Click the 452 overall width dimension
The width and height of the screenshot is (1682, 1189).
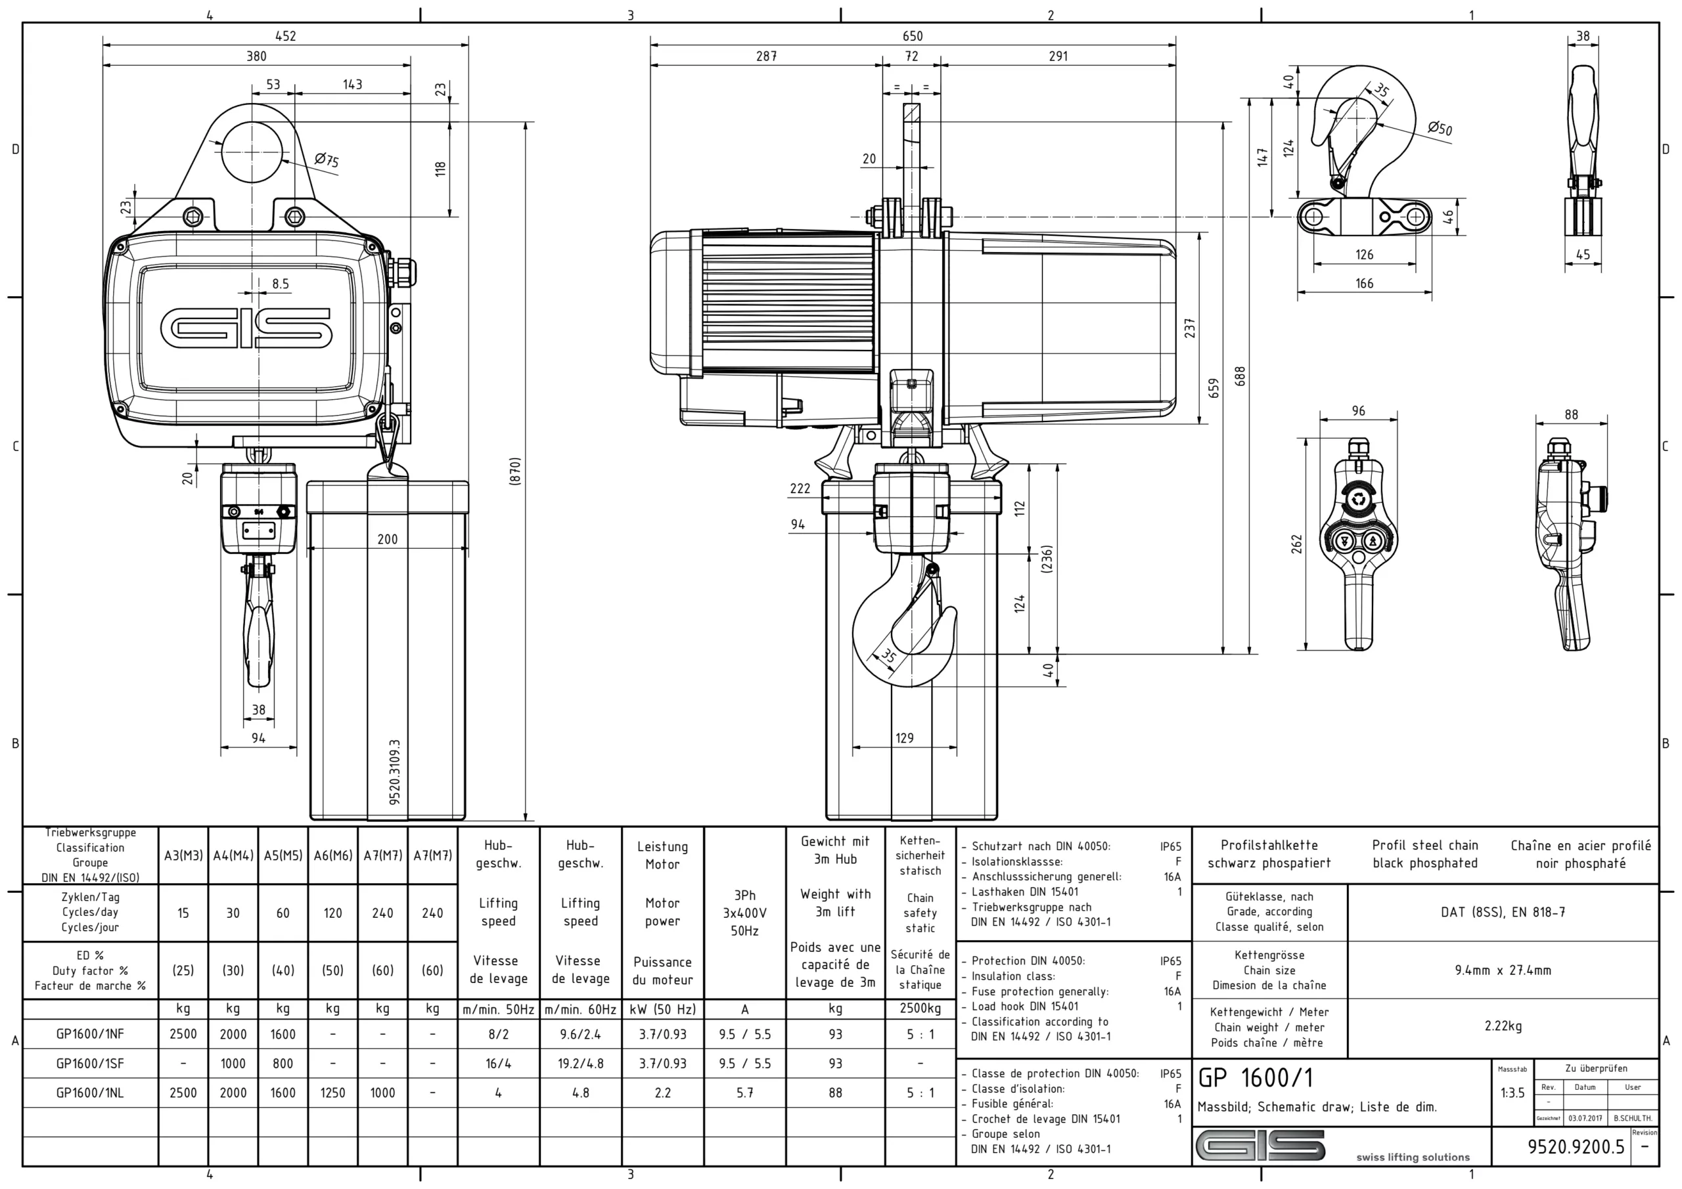[x=285, y=36]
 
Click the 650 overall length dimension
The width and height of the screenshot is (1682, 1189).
[x=912, y=36]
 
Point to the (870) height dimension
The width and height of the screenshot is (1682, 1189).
[x=515, y=471]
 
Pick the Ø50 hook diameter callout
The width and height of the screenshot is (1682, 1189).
[x=1440, y=128]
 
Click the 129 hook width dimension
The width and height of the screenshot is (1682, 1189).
[x=905, y=738]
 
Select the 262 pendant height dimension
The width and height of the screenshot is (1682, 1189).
[x=1297, y=544]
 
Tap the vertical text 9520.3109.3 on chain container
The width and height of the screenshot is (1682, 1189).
[x=395, y=772]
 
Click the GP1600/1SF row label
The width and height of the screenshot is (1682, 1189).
[x=90, y=1063]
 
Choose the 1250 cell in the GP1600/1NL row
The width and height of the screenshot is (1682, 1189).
[x=332, y=1092]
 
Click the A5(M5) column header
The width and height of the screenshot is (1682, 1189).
[x=283, y=855]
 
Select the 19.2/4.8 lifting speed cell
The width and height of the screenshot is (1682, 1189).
[x=580, y=1063]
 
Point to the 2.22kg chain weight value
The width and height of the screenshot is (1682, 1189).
[x=1503, y=1026]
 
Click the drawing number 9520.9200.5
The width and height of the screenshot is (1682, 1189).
[x=1576, y=1146]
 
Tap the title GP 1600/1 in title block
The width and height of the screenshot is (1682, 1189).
[x=1256, y=1077]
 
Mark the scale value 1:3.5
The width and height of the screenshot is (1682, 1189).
[x=1512, y=1092]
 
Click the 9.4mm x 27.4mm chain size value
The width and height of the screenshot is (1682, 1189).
[x=1503, y=970]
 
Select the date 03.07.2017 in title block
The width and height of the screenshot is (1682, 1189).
[x=1585, y=1119]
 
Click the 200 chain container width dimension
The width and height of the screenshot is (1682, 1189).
[x=388, y=540]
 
